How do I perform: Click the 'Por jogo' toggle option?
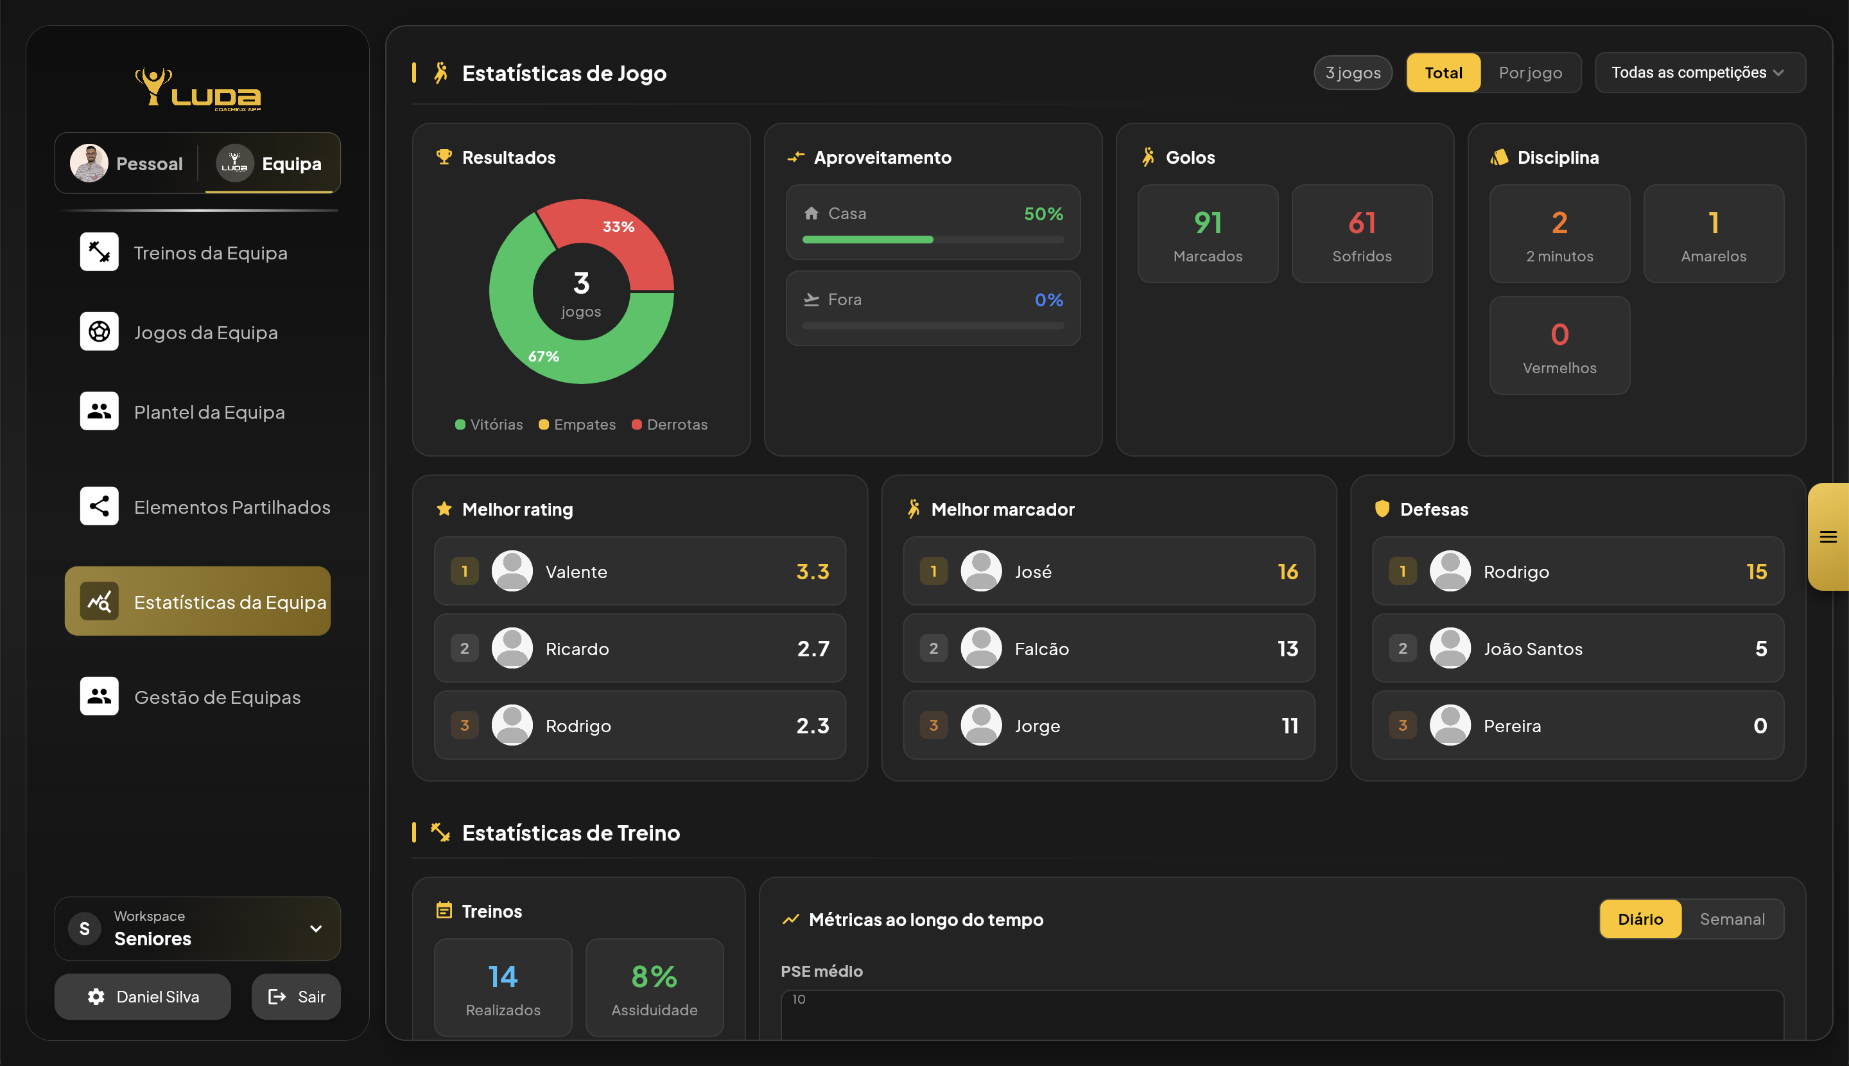[1530, 73]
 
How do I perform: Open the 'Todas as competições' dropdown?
[1699, 73]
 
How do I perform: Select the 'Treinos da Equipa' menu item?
[210, 252]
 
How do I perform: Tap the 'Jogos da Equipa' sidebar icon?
[100, 331]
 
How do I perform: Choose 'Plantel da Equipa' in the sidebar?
[209, 412]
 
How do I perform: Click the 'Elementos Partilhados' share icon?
[100, 506]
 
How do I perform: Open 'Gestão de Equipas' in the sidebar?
[216, 696]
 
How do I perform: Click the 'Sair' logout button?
[297, 996]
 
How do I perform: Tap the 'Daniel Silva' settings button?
[143, 996]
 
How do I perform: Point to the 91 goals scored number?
[1208, 223]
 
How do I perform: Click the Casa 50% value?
[1043, 214]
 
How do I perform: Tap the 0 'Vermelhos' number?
[1559, 335]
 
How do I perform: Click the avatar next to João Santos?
[1449, 648]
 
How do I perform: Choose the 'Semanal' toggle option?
[1732, 919]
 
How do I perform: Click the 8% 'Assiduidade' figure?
[654, 976]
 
